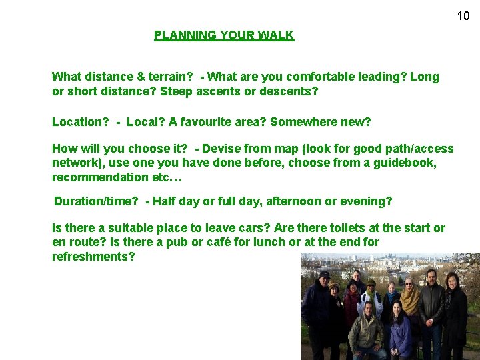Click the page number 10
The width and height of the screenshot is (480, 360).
pos(463,16)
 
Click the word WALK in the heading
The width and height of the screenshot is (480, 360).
pos(277,35)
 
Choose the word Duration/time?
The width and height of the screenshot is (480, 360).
pos(97,201)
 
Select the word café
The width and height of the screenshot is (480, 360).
pos(207,242)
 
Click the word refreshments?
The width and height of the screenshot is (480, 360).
pos(93,256)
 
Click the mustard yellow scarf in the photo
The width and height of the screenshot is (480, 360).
pos(410,301)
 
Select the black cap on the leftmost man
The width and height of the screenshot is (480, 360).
pos(324,274)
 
